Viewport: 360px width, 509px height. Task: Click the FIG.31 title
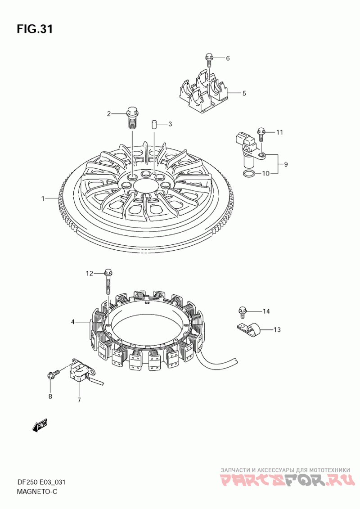35,29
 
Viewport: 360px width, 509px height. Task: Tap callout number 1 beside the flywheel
43,198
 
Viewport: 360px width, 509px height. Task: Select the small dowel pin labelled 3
154,124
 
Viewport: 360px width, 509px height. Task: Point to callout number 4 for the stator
72,322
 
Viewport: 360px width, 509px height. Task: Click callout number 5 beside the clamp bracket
244,94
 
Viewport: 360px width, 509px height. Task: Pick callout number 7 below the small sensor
79,400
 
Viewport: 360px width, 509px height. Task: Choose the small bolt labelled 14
242,311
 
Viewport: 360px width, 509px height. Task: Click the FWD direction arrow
40,425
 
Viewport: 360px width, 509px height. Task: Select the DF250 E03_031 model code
41,482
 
